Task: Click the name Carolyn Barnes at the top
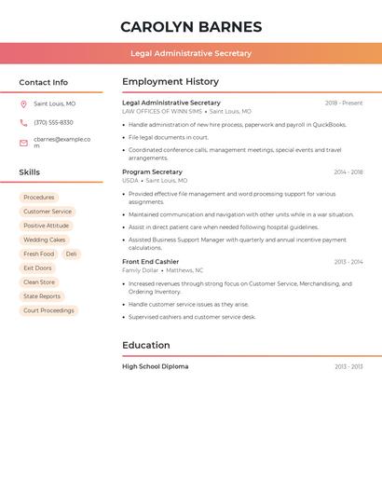(x=191, y=27)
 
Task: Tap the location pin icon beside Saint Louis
(x=23, y=104)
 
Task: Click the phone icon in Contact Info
(x=23, y=123)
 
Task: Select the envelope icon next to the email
(x=23, y=143)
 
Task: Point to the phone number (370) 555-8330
(x=53, y=123)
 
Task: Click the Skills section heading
(x=30, y=172)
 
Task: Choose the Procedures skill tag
(x=39, y=198)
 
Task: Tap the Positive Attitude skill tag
(x=47, y=226)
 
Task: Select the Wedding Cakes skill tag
(x=45, y=240)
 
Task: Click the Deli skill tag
(x=72, y=254)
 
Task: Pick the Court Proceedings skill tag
(x=48, y=310)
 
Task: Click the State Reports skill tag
(x=42, y=296)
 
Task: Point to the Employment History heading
(x=171, y=82)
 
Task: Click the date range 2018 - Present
(x=344, y=103)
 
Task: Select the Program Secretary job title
(x=152, y=172)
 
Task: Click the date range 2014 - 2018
(x=348, y=172)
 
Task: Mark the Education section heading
(x=146, y=345)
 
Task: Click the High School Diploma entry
(x=155, y=366)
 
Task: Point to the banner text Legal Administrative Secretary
(x=191, y=53)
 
